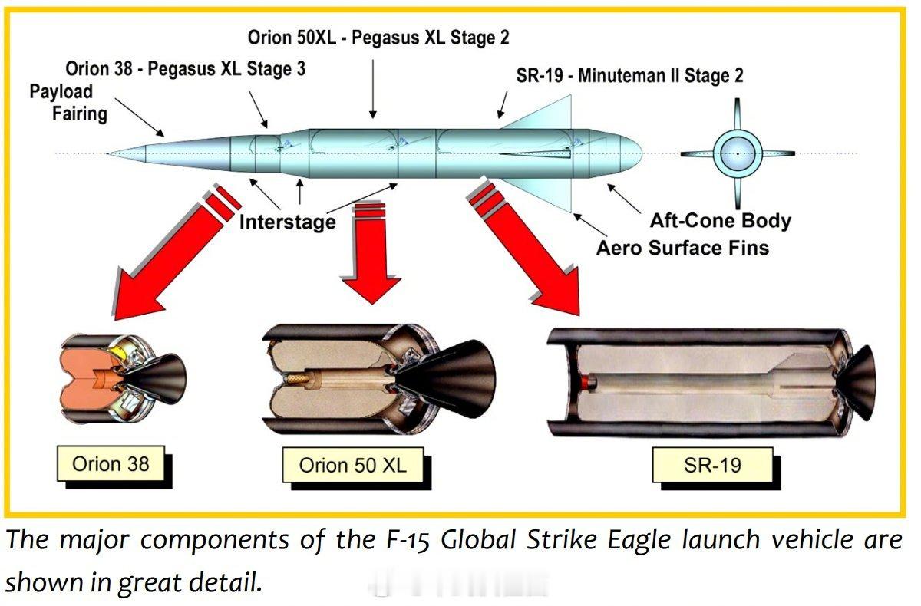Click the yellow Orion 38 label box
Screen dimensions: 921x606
coord(111,464)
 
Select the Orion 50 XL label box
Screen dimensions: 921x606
coord(353,465)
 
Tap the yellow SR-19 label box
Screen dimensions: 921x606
coord(712,465)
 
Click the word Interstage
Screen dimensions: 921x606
coord(287,222)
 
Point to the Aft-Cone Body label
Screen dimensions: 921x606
coord(721,221)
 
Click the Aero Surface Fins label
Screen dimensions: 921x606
coord(682,248)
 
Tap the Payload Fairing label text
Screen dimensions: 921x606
coord(68,102)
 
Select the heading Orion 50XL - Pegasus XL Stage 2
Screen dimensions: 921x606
coord(378,38)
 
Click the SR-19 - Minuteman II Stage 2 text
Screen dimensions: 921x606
coord(629,76)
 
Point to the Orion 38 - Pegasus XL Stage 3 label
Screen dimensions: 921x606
coord(186,68)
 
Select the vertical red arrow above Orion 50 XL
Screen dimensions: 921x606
coord(371,252)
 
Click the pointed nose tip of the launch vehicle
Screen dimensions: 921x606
coord(107,153)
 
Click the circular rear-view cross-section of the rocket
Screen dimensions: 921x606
coord(738,153)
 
